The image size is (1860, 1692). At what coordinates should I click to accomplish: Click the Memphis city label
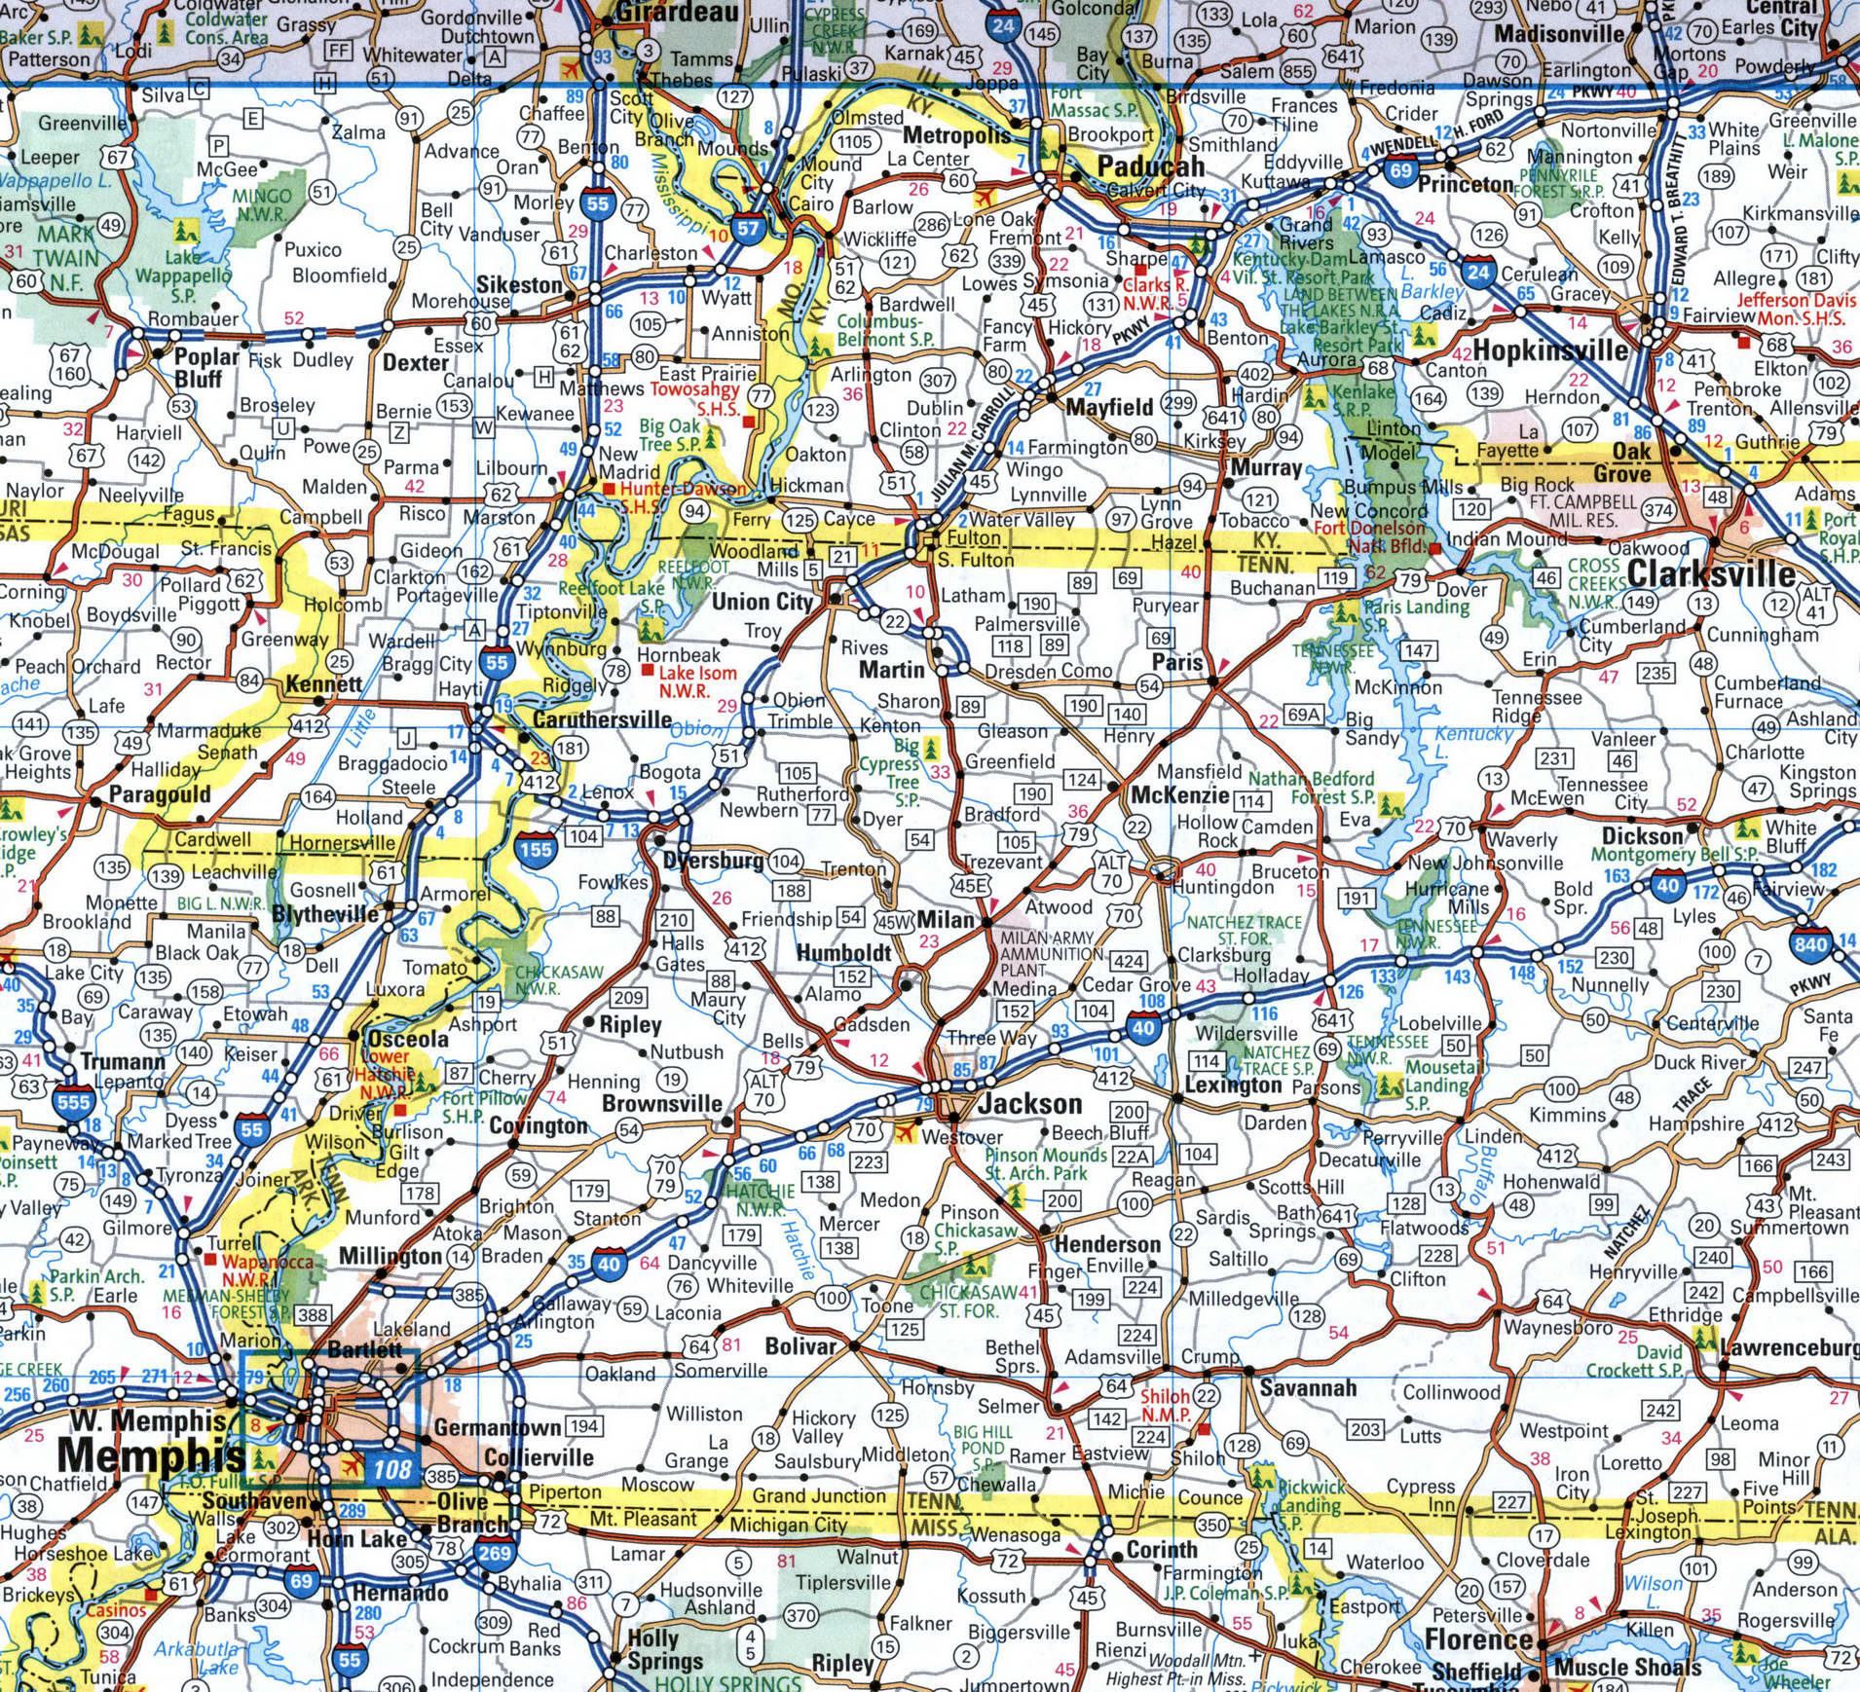pos(151,1455)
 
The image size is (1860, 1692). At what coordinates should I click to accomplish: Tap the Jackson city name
pos(1029,1103)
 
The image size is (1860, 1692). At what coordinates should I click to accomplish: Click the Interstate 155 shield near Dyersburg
pos(536,849)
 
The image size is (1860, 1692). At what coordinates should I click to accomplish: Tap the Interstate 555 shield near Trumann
pos(73,1102)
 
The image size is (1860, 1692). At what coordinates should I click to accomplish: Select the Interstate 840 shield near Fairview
pos(1809,943)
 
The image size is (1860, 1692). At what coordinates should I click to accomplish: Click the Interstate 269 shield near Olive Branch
pos(494,1552)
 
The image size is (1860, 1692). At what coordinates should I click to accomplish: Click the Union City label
pos(762,602)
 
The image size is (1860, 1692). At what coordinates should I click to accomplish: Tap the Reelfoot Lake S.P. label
pos(612,596)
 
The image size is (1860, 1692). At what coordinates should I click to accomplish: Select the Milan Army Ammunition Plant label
pos(1047,954)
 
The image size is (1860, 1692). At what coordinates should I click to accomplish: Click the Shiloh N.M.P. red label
pos(1165,1405)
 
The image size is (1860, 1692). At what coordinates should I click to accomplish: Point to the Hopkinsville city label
pos(1549,349)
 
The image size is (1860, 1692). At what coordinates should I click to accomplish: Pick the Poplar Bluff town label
pos(205,367)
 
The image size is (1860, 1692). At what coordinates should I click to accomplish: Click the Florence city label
pos(1478,1639)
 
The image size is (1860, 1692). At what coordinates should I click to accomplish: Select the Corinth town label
pos(1162,1549)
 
